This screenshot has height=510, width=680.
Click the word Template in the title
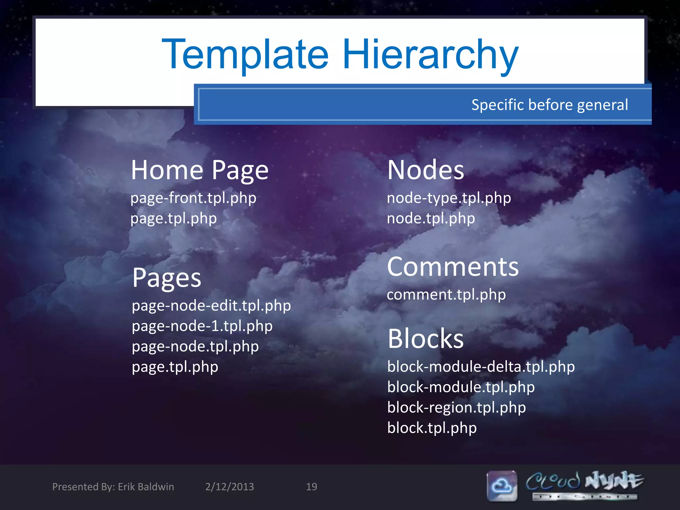click(245, 55)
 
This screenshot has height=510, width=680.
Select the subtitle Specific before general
click(550, 105)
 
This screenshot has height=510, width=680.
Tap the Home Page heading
click(200, 170)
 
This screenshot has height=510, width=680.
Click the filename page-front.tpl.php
click(193, 198)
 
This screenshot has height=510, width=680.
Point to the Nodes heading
click(425, 170)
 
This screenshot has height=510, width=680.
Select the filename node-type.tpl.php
click(449, 198)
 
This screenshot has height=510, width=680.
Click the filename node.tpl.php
click(431, 218)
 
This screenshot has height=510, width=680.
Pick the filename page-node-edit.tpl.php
click(211, 306)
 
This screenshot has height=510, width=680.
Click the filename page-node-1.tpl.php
click(202, 326)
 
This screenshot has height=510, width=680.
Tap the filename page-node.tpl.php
click(195, 347)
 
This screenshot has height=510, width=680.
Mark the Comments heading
click(453, 267)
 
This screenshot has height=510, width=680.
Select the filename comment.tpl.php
click(446, 295)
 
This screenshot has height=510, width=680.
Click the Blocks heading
click(425, 339)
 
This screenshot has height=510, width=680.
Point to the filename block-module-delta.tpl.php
click(481, 367)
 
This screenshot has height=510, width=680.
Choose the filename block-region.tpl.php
click(457, 408)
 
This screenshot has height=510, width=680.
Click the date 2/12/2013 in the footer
click(229, 487)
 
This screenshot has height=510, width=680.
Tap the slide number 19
click(311, 487)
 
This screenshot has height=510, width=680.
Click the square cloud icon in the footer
click(502, 486)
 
